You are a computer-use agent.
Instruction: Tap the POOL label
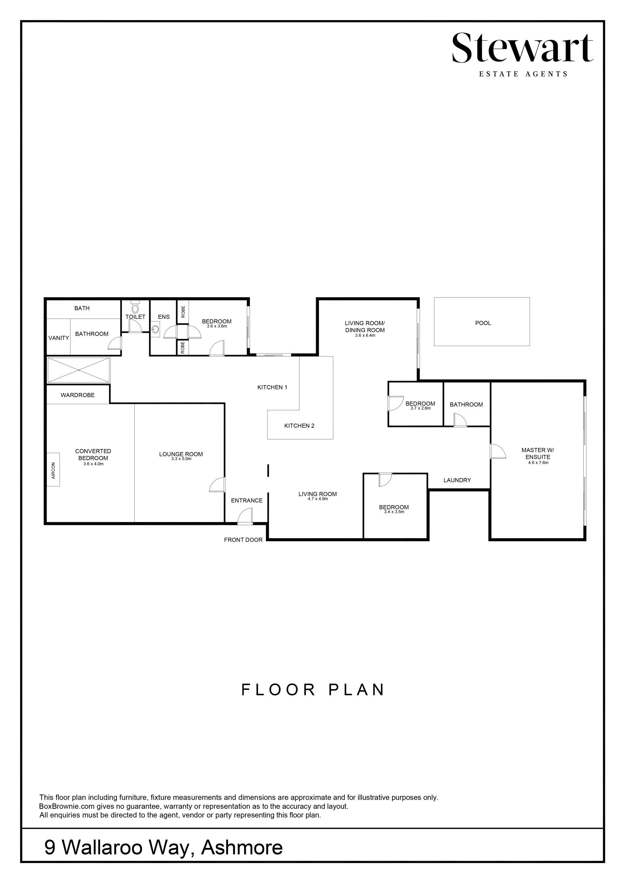pos(483,323)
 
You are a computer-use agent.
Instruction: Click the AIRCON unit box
pos(53,470)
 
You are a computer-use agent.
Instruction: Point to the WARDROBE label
pos(77,395)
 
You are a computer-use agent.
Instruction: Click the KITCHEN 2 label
pos(299,426)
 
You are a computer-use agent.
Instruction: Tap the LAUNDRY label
pos(457,480)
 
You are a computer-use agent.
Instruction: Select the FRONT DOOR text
pos(243,540)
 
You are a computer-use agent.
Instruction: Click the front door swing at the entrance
pos(245,516)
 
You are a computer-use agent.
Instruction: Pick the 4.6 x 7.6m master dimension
pos(538,463)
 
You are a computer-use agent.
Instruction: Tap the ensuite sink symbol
pos(155,329)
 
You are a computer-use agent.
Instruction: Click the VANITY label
pos(59,338)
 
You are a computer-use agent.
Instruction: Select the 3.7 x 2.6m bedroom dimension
pos(420,408)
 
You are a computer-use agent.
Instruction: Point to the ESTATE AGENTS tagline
pos(523,74)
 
